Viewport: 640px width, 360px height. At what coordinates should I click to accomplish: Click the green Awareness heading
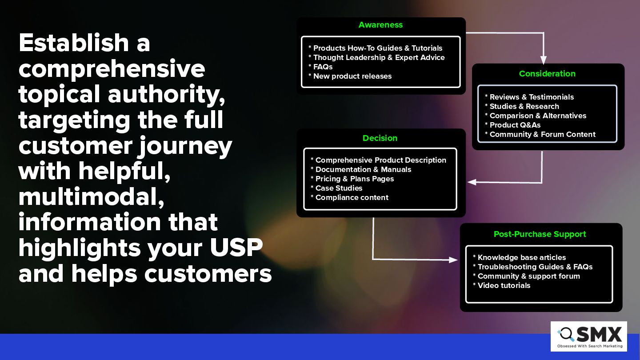[x=380, y=25]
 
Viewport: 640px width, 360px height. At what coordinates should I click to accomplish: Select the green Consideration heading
[x=547, y=74]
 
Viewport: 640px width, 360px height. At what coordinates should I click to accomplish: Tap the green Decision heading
[x=380, y=138]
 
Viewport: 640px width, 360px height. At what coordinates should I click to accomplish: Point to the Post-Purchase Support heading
[x=540, y=234]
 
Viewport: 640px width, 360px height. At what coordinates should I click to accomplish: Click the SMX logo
[x=589, y=336]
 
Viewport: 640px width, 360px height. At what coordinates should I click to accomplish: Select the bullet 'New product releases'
[x=350, y=76]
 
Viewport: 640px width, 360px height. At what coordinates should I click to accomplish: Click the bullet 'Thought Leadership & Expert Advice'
[x=376, y=57]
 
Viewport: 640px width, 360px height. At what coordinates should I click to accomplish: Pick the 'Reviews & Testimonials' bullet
[x=529, y=97]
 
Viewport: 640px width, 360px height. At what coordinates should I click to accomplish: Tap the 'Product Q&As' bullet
[x=513, y=125]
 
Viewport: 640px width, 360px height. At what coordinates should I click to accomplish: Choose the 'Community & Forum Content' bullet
[x=540, y=134]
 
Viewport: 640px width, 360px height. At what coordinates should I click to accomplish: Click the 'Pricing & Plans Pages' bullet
[x=352, y=179]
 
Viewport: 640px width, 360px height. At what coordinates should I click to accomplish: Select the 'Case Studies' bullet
[x=336, y=188]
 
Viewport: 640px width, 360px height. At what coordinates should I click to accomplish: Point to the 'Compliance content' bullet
[x=349, y=197]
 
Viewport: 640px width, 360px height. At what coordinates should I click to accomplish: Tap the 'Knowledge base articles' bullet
[x=520, y=257]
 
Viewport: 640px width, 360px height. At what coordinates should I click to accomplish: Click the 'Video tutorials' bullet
[x=502, y=285]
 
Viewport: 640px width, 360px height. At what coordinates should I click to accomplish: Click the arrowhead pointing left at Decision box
[x=472, y=182]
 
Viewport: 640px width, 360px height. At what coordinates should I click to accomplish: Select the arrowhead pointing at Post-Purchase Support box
[x=453, y=260]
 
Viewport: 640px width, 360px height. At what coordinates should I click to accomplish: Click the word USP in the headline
[x=236, y=247]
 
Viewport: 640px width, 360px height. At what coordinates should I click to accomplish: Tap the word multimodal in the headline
[x=92, y=197]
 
